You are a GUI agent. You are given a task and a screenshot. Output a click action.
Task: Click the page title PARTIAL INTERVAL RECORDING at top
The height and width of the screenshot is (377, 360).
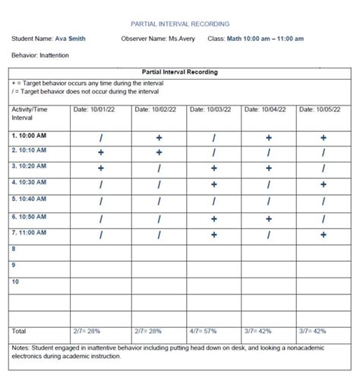pyautogui.click(x=180, y=24)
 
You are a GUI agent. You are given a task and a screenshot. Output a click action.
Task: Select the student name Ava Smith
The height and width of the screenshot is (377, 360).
pyautogui.click(x=70, y=39)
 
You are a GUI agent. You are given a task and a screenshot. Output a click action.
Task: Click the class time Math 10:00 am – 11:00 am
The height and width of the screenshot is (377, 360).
pyautogui.click(x=266, y=39)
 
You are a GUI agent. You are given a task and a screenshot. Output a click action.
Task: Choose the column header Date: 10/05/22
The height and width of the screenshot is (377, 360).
pyautogui.click(x=320, y=109)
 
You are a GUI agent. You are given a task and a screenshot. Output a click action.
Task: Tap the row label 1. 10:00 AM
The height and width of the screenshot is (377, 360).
pyautogui.click(x=30, y=135)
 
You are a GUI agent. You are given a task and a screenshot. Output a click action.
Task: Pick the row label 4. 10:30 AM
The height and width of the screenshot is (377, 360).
pyautogui.click(x=30, y=182)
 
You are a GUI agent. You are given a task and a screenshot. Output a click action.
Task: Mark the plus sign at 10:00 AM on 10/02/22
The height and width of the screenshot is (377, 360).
pyautogui.click(x=159, y=138)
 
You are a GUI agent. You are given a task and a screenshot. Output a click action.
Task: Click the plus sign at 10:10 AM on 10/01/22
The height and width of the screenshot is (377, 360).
pyautogui.click(x=100, y=152)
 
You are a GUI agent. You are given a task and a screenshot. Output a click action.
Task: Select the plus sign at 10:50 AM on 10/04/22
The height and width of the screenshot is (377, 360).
pyautogui.click(x=268, y=218)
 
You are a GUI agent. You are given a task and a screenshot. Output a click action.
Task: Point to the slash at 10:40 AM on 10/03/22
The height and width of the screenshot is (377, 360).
pyautogui.click(x=213, y=202)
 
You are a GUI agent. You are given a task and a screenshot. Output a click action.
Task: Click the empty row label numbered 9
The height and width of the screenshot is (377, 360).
pyautogui.click(x=14, y=265)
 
